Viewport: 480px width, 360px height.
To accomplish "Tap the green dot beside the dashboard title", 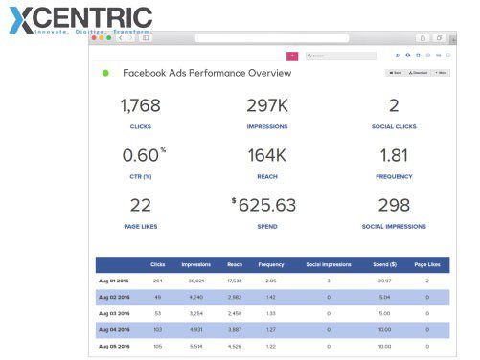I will coord(105,73).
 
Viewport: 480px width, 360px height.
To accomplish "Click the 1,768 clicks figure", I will coord(141,106).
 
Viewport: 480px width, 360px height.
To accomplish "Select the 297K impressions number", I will coord(267,106).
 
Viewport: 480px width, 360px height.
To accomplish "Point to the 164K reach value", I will coord(267,155).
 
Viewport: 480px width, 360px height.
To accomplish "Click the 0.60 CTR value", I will coord(140,155).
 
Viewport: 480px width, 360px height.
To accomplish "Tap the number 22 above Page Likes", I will coord(141,205).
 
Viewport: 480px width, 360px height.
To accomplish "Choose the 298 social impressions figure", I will coord(394,205).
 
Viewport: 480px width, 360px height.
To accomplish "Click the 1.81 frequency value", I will coord(394,155).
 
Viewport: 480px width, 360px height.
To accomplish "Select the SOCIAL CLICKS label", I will coord(394,126).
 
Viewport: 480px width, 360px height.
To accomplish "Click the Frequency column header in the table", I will coord(270,264).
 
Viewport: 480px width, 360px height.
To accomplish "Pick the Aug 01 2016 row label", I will coord(114,281).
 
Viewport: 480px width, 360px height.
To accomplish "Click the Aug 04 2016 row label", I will coord(114,329).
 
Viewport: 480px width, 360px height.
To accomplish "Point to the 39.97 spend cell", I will coord(384,281).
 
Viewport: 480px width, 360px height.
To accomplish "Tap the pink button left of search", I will coord(292,56).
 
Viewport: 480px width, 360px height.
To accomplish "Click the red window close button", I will coord(95,38).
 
